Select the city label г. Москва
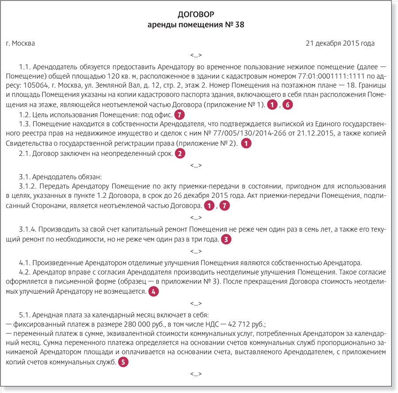point(20,43)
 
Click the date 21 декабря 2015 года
point(340,43)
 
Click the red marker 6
point(288,105)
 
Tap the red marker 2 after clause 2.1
point(180,154)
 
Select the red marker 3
point(226,240)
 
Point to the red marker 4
point(153,292)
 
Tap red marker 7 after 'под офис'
point(179,115)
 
